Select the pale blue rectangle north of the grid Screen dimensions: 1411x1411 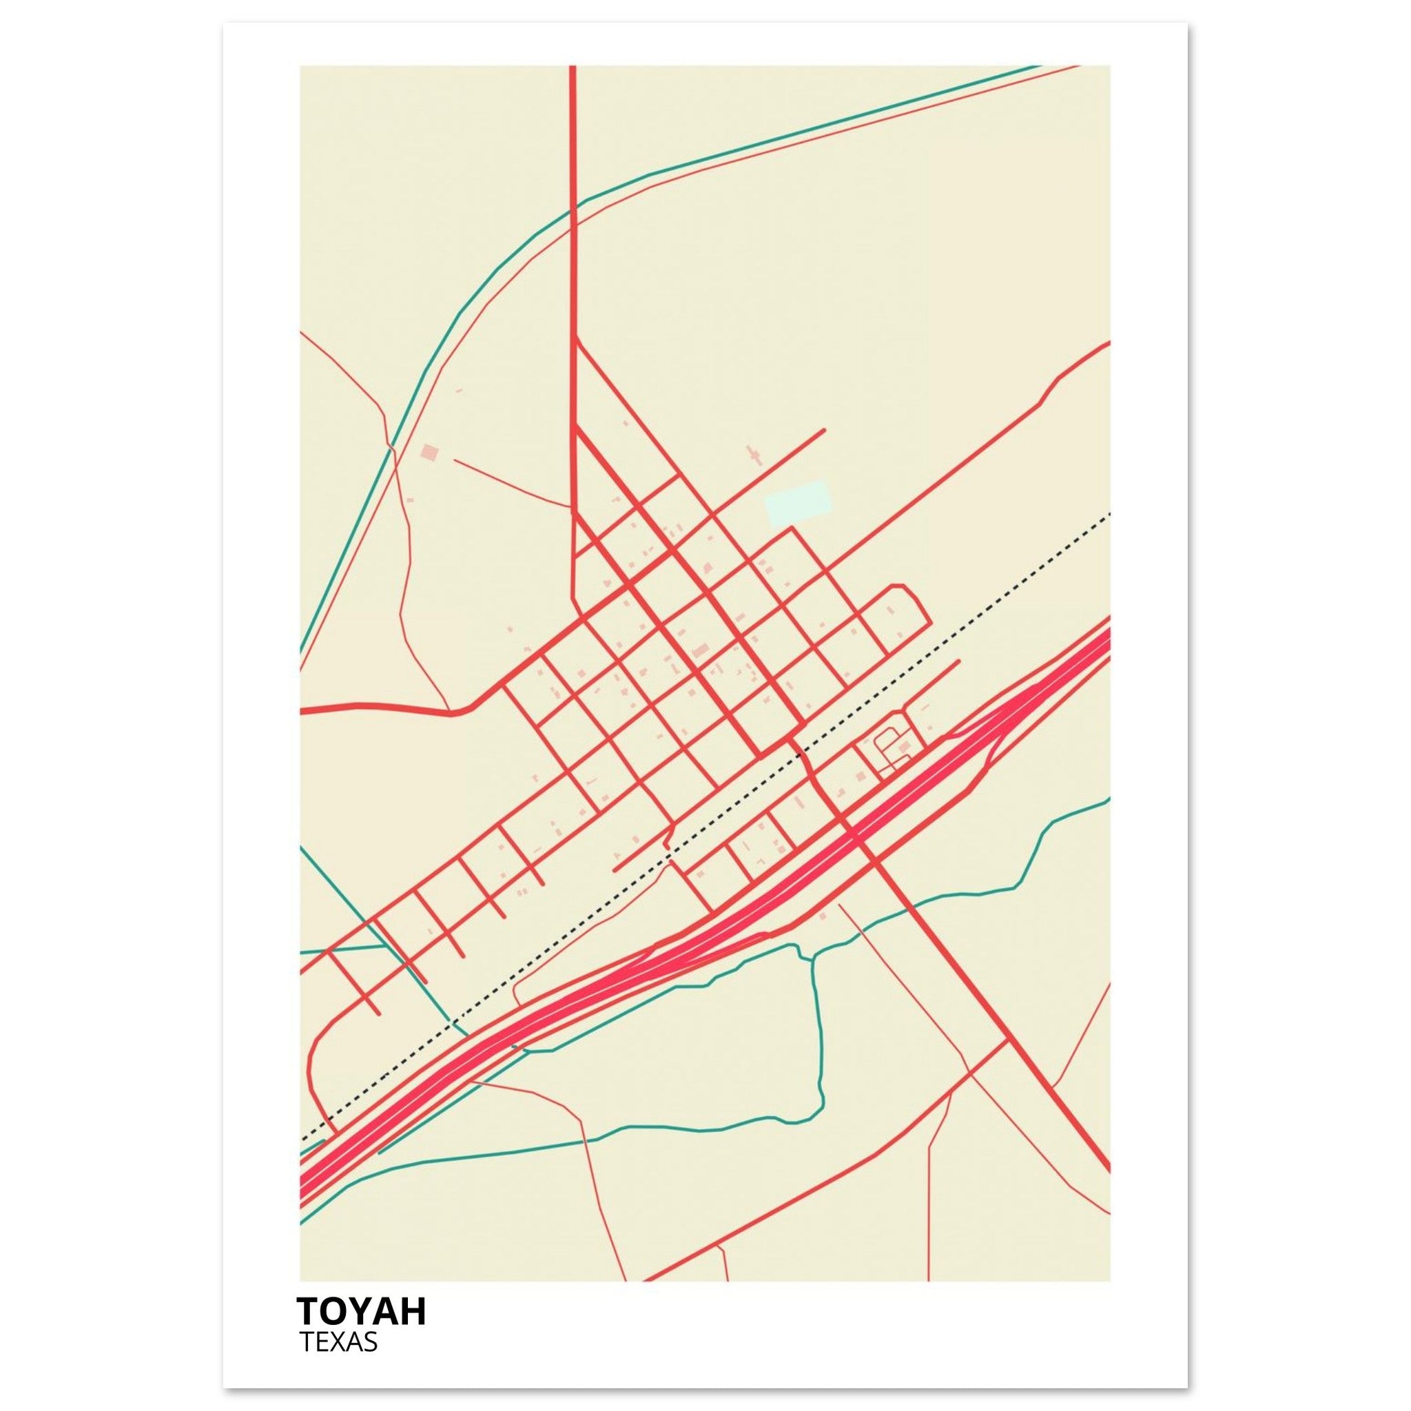pos(798,502)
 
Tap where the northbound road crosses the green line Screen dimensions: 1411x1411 pos(573,207)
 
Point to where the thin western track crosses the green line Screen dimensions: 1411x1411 pos(392,446)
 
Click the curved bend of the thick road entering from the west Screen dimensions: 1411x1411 pos(467,708)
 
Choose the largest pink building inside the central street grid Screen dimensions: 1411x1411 pos(701,650)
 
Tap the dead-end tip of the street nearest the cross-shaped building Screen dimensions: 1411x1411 pos(824,430)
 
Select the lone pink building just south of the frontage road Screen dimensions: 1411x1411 pos(824,916)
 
